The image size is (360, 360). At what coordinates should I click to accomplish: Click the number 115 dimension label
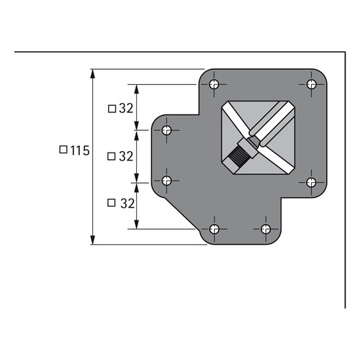(x=80, y=150)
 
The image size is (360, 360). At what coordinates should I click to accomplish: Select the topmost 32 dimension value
(x=126, y=109)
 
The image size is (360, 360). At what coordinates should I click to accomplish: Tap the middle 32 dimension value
(x=126, y=156)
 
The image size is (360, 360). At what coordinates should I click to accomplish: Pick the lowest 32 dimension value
(x=127, y=204)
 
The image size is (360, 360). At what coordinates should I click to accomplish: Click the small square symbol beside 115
(x=63, y=150)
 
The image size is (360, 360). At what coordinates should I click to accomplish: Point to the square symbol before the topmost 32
(x=112, y=109)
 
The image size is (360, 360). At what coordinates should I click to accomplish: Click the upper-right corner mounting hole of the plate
(x=312, y=84)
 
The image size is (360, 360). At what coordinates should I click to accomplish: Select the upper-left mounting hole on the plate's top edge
(x=214, y=84)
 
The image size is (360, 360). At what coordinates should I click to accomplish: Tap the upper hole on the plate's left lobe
(x=166, y=130)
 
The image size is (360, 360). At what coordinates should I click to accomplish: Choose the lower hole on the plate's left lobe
(x=166, y=181)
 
